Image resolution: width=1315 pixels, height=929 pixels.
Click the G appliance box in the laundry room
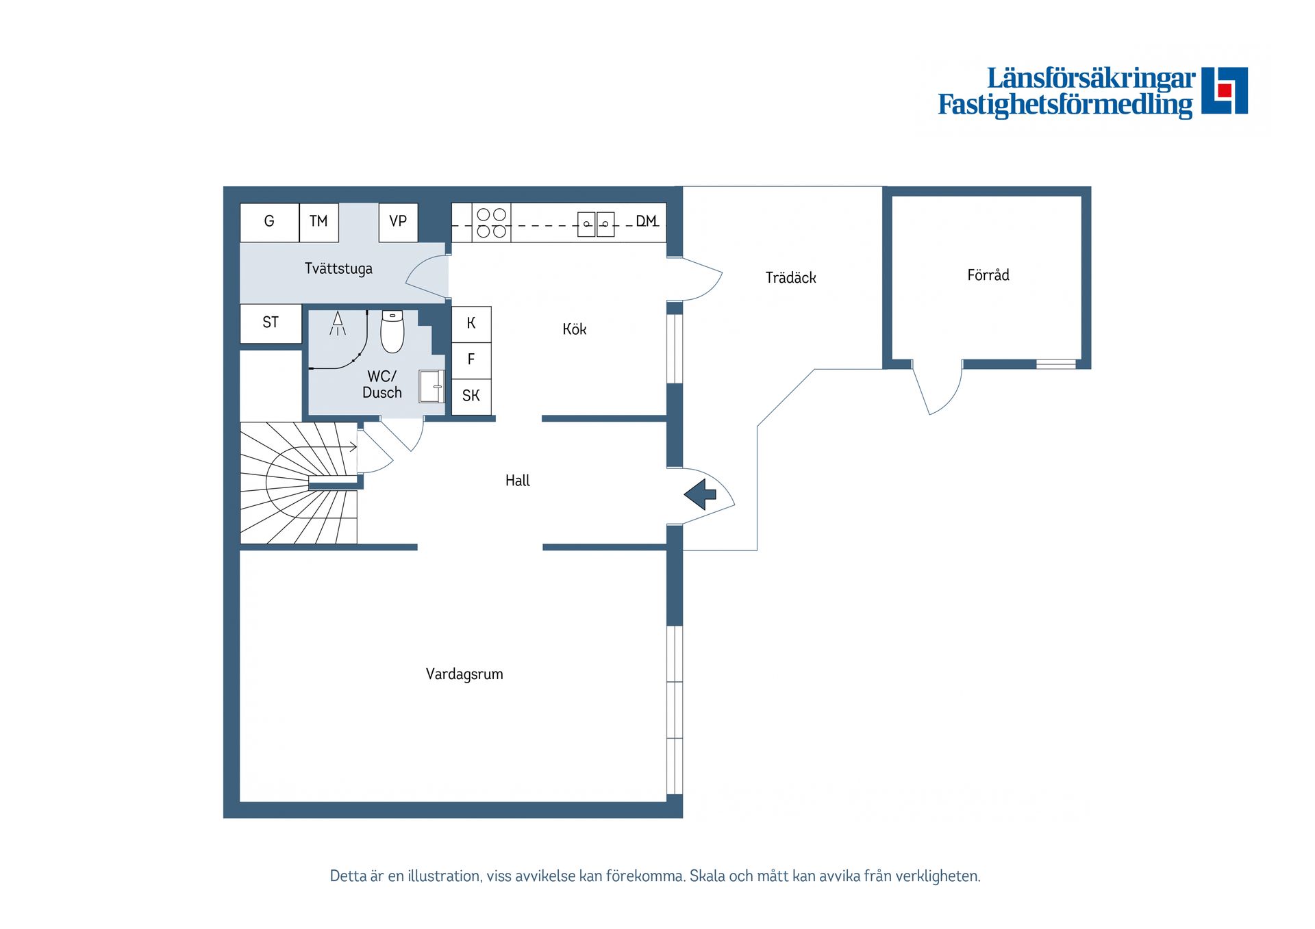[269, 222]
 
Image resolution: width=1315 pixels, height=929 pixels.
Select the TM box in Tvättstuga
[318, 222]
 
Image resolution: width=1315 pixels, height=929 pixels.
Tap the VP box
[398, 222]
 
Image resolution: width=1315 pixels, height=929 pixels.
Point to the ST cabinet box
[271, 323]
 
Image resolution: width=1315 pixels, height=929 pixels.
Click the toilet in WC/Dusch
[392, 331]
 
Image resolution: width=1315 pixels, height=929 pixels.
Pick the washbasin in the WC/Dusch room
[432, 387]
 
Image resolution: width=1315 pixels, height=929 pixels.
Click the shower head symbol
[338, 323]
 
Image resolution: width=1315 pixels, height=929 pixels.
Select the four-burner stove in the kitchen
[491, 222]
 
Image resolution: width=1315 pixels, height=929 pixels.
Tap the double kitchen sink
[596, 224]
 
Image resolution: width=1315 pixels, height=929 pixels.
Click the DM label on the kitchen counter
[647, 221]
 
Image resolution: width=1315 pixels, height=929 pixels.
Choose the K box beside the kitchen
[471, 324]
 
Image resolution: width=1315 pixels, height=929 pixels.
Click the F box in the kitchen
[471, 360]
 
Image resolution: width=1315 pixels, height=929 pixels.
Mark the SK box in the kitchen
[471, 396]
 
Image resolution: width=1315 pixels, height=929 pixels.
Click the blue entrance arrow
[699, 494]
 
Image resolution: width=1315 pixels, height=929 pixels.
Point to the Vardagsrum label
[464, 674]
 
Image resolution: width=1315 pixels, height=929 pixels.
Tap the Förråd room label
[988, 275]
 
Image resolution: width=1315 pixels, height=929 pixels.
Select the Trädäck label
[791, 278]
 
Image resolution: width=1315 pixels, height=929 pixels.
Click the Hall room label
[518, 481]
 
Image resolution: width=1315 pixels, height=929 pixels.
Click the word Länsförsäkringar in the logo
[1091, 78]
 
